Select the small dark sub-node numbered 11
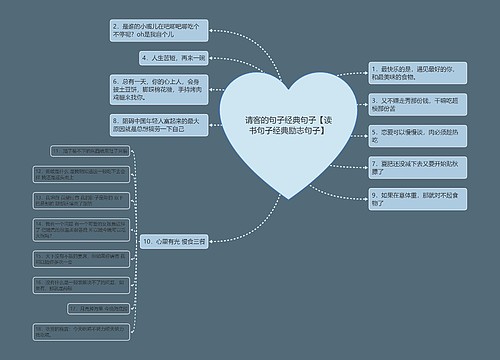pos(89,151)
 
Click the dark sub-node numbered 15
pos(89,259)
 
